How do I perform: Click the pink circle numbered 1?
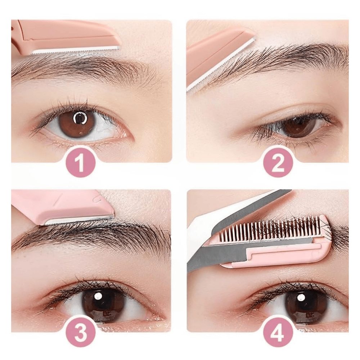[80, 162]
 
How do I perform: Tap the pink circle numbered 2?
[278, 162]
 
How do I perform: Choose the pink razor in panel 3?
[61, 205]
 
